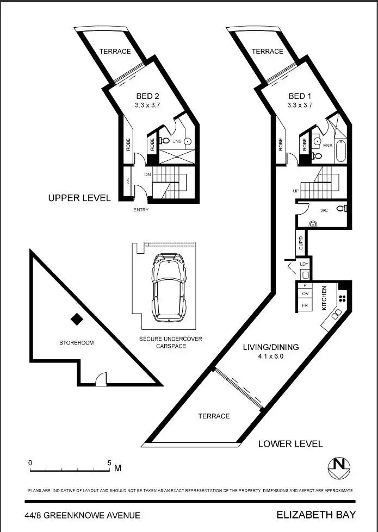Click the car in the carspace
pos(169,287)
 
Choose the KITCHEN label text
pos(324,298)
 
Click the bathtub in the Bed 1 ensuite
pos(340,150)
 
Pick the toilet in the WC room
pos(340,209)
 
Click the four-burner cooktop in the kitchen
pos(343,297)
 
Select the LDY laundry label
pos(305,264)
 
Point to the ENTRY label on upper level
pos(140,210)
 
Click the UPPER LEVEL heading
pos(79,198)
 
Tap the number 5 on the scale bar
pos(109,463)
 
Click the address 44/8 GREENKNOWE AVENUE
pos(82,515)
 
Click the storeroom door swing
pos(101,380)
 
